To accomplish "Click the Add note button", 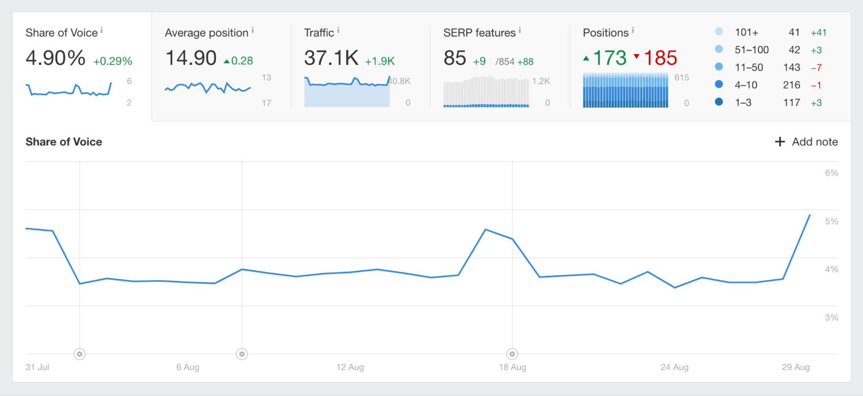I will click(806, 142).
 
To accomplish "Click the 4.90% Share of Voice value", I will click(55, 58).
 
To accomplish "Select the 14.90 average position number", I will click(191, 58).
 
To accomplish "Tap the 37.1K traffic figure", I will click(331, 58).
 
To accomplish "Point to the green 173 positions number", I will click(609, 58).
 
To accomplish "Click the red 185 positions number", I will click(660, 58).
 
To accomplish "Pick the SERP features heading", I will click(479, 33).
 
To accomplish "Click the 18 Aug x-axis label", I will click(512, 367).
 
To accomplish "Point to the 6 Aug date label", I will click(188, 367).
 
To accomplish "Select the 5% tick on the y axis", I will click(831, 221).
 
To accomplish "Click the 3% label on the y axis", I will click(831, 318).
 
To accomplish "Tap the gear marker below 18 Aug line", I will click(512, 354).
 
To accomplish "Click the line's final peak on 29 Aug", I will click(809, 215).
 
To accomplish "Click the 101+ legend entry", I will click(746, 32).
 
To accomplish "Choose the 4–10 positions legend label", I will click(746, 85).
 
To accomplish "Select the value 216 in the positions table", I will click(791, 85).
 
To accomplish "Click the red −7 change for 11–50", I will click(816, 67).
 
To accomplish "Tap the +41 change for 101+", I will click(818, 32).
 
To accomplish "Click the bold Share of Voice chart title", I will click(64, 142).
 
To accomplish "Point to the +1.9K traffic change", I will click(380, 61).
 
